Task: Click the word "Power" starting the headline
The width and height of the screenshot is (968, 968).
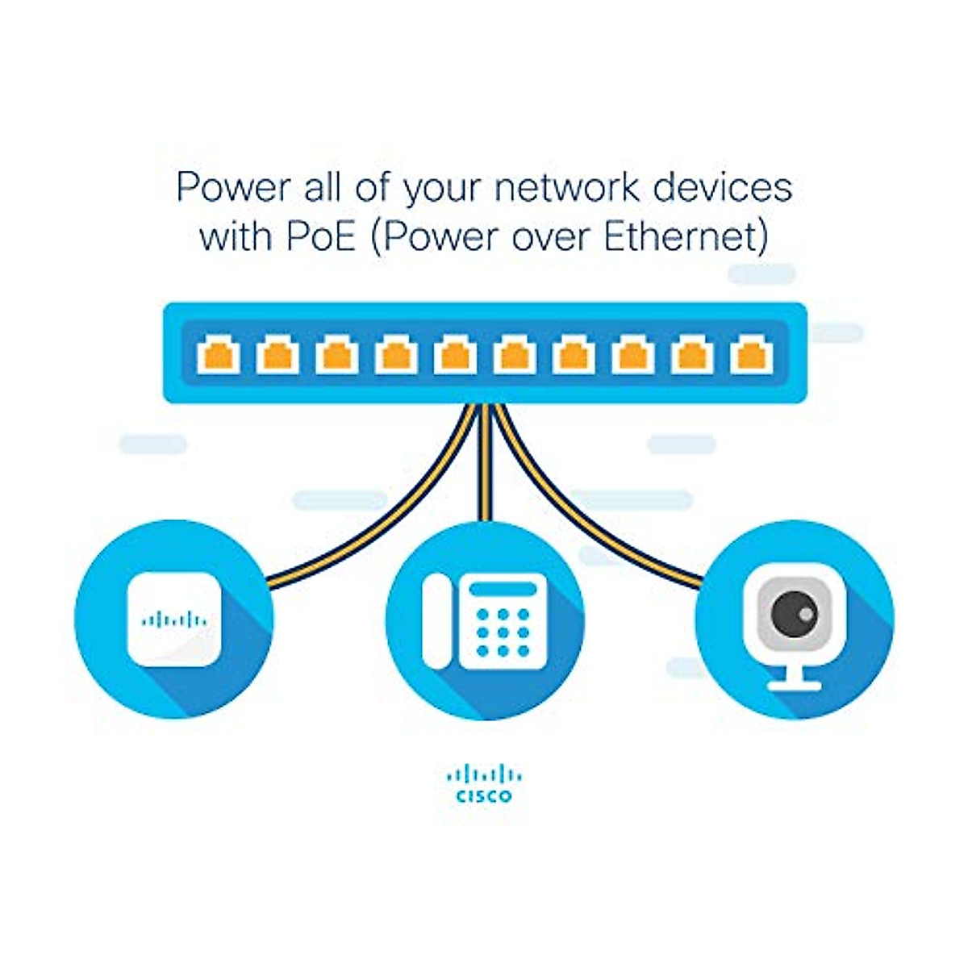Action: coord(234,187)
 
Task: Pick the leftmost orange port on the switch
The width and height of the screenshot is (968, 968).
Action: coord(219,357)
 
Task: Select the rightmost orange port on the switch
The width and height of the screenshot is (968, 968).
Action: coord(750,357)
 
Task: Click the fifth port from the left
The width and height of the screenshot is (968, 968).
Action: coord(455,357)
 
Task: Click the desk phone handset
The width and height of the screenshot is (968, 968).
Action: coord(436,621)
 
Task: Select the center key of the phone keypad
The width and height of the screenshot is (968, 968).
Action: coord(503,632)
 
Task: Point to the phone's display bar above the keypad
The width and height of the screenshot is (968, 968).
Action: coord(503,589)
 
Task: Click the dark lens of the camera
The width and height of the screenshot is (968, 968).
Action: coord(794,613)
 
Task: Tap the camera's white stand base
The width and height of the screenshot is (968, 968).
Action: coord(795,686)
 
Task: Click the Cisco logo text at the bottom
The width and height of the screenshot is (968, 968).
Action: coord(484,796)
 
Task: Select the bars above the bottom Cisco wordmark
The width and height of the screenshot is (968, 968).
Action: coord(484,775)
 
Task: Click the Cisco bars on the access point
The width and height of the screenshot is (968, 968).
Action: coord(174,620)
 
